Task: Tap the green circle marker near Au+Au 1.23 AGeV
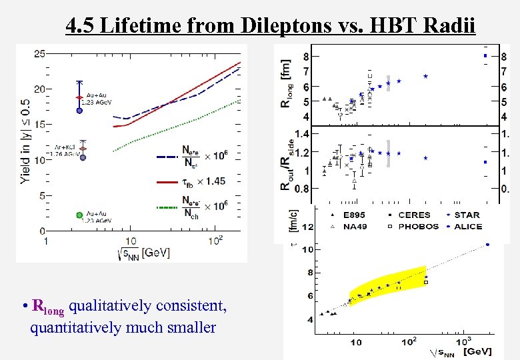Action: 80,215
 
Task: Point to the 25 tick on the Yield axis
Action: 39,53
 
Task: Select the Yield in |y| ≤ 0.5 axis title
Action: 25,141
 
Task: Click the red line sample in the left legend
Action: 169,181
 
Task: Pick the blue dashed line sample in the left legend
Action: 169,157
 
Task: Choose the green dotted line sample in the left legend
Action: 169,205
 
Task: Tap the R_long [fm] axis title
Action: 287,86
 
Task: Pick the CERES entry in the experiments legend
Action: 414,215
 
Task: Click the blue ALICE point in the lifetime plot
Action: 487,244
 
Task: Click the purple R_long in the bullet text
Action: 49,307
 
